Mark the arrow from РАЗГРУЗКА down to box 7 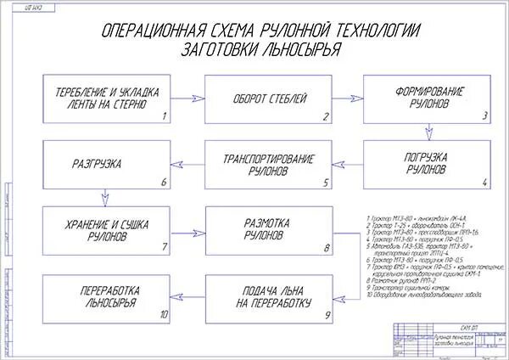click(x=104, y=198)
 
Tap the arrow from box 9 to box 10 click(x=187, y=298)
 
